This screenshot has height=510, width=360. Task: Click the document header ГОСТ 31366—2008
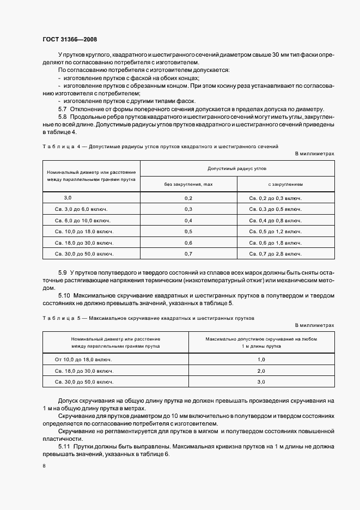coord(69,39)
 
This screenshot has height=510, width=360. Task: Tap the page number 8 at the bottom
coord(44,466)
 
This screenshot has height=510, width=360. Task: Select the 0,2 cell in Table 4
coord(188,198)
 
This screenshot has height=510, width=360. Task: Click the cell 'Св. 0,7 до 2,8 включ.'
coord(275,254)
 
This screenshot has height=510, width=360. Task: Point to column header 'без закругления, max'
coord(188,184)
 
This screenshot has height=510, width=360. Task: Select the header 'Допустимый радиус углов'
coord(237,169)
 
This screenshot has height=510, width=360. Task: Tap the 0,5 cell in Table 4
coord(188,232)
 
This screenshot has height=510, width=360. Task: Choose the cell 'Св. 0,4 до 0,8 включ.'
coord(275,221)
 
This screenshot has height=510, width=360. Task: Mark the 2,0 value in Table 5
coord(261,371)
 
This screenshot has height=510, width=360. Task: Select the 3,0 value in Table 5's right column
coord(261,382)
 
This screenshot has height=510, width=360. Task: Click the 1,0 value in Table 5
coord(261,360)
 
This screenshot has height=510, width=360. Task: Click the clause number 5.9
coord(62,272)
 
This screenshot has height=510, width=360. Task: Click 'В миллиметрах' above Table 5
coord(315,325)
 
